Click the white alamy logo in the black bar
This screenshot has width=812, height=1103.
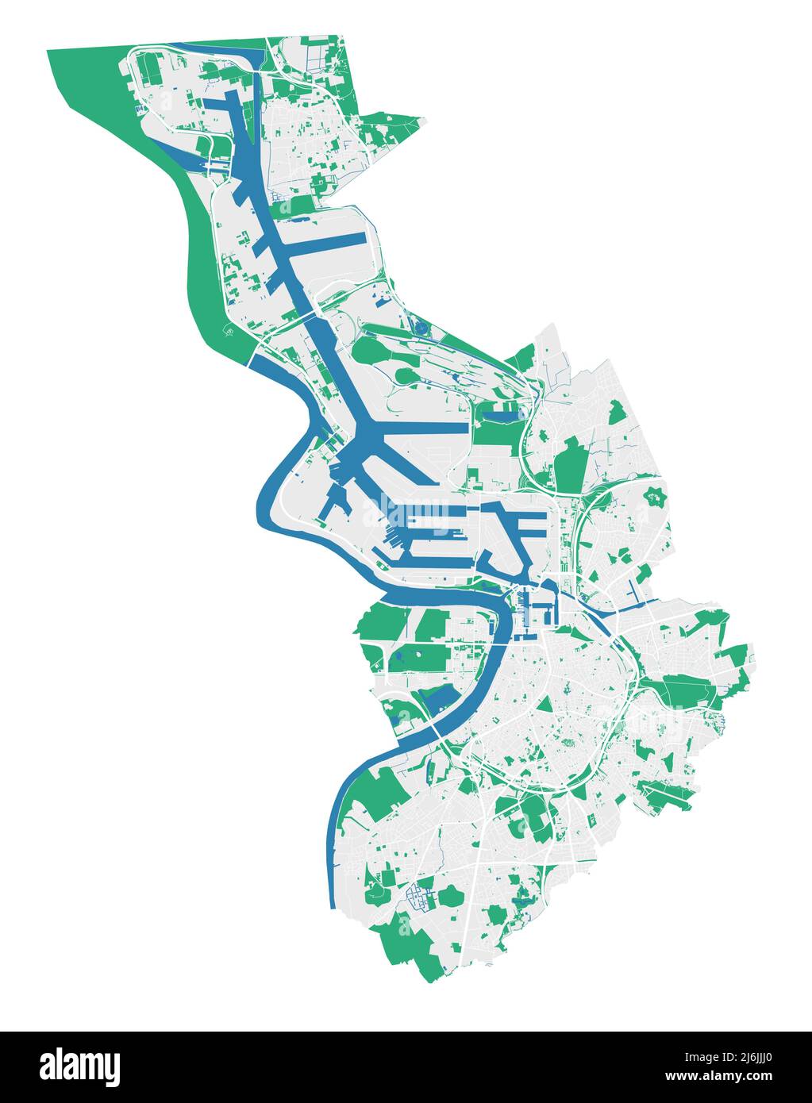79,1066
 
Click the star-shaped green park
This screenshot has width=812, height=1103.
655,497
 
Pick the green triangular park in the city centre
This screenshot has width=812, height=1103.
545,705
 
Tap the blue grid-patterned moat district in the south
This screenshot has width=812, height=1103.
418,897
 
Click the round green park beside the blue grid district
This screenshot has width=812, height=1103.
452,897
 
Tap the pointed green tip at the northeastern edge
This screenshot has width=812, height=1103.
418,121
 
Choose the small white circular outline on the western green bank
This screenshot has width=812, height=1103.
229,332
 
